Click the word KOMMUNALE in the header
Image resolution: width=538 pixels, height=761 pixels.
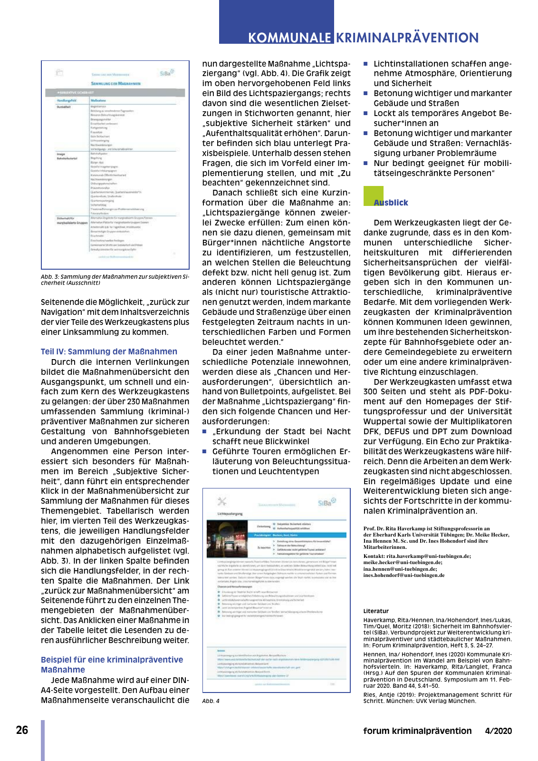(289, 38)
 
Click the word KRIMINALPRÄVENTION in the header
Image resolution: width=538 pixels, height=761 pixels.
(407, 38)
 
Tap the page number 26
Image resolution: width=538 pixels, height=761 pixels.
(22, 730)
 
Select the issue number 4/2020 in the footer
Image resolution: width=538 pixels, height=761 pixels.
(498, 731)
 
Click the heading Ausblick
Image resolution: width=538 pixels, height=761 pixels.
(391, 203)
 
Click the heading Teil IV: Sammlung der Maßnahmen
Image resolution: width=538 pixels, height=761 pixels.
(109, 351)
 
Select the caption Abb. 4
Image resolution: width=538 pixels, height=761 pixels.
(211, 701)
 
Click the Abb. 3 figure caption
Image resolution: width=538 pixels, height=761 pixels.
(115, 280)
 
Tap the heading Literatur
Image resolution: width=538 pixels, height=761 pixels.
(376, 611)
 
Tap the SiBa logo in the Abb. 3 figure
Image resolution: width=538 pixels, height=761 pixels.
(167, 73)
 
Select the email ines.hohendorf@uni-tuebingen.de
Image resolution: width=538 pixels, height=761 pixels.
(404, 575)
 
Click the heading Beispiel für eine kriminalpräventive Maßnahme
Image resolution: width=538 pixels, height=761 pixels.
(112, 664)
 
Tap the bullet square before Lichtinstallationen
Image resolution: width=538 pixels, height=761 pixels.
(366, 64)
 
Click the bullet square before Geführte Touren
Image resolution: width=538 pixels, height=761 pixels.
(205, 451)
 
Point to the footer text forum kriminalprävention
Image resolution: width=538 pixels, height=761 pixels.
(417, 731)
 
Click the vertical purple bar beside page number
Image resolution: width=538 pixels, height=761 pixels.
(43, 740)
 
